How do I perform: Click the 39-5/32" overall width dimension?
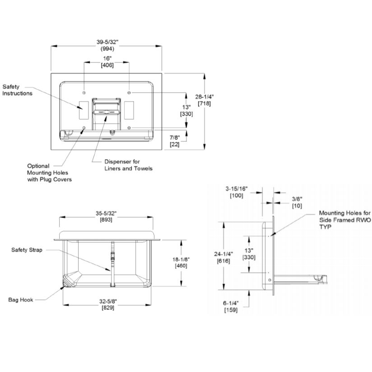point(107,45)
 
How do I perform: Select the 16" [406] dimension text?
point(107,62)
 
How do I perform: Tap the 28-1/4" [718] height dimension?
point(204,100)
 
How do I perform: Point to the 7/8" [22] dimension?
point(175,141)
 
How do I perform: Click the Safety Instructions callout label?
point(17,90)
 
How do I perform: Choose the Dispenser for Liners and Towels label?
point(128,165)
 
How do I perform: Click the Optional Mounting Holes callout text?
point(49,173)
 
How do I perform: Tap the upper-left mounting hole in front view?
point(84,92)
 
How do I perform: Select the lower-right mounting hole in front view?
point(129,128)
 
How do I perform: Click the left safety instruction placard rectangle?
point(84,110)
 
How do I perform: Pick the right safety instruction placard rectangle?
point(129,110)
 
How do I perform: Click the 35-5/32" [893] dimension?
point(106,216)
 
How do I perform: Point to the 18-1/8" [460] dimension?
point(181,263)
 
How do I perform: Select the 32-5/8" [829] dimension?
point(108,304)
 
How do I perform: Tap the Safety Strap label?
point(27,250)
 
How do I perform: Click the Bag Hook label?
point(21,300)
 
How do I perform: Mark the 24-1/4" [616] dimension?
point(223,257)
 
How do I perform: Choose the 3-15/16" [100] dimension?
point(237,192)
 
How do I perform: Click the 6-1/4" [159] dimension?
point(231,307)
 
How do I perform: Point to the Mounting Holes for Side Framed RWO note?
point(345,220)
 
